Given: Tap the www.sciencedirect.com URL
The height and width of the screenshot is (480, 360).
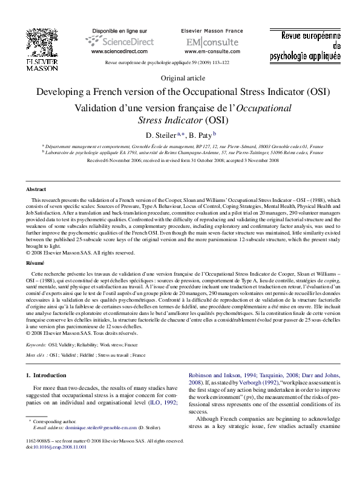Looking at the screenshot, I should [x=119, y=52].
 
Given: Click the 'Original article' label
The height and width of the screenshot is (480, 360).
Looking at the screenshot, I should [x=180, y=79].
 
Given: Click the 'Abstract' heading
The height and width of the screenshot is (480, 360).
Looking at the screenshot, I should [x=36, y=189].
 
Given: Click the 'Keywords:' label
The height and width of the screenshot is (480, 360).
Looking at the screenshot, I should [x=36, y=344].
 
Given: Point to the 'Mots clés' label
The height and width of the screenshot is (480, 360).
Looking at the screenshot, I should [x=36, y=355].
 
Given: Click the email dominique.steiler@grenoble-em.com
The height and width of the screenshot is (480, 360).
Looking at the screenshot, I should [x=93, y=426].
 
